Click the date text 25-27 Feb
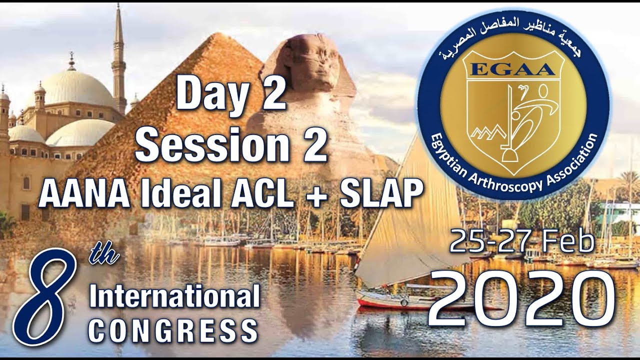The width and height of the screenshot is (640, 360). pyautogui.click(x=521, y=242)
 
